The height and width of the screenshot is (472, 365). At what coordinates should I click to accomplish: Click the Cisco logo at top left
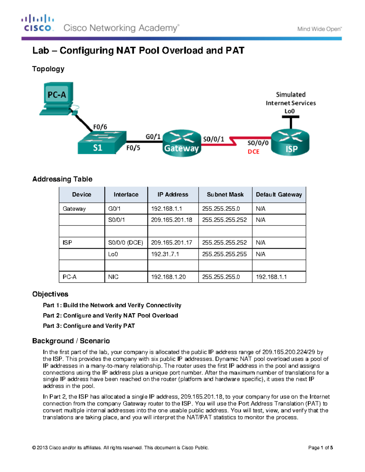(x=38, y=23)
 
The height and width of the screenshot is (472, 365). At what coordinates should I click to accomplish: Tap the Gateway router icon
(x=182, y=144)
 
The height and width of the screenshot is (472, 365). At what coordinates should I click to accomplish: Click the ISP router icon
(x=290, y=143)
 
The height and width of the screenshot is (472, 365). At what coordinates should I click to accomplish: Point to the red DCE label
(x=253, y=151)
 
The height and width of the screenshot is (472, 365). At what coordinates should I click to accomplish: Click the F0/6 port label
(x=100, y=127)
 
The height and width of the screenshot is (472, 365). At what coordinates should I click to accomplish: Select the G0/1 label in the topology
(x=153, y=137)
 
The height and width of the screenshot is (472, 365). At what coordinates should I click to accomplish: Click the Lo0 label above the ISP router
(x=290, y=111)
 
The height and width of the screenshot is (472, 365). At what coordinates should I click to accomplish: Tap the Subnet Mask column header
(x=225, y=195)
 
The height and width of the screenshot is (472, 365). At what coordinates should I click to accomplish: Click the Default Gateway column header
(x=279, y=195)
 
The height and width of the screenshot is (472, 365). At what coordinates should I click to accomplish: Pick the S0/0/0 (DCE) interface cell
(x=126, y=243)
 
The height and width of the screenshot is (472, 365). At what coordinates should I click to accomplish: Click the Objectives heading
(x=50, y=294)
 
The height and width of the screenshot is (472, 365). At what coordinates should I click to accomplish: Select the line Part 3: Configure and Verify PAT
(x=89, y=326)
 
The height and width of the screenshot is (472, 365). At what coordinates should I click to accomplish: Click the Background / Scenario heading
(x=71, y=341)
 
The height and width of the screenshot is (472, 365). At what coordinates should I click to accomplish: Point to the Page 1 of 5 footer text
(x=320, y=448)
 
